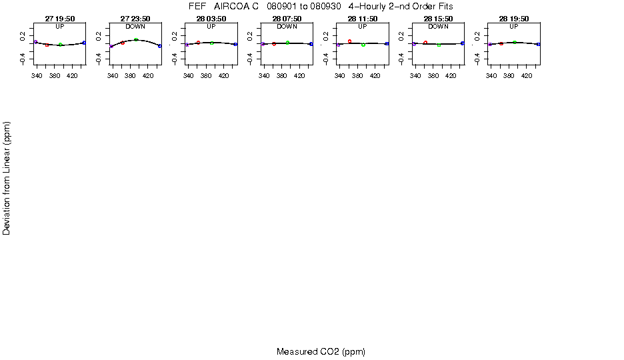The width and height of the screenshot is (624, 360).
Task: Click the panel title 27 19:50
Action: (60, 19)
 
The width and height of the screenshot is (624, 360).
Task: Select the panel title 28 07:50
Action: (287, 19)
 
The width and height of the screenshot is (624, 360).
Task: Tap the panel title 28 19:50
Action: (514, 19)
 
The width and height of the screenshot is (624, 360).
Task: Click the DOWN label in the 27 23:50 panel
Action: (135, 27)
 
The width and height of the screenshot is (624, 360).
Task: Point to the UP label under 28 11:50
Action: (363, 27)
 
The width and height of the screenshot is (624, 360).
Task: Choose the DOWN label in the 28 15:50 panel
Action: (438, 27)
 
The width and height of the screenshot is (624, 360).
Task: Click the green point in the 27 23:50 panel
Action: (136, 40)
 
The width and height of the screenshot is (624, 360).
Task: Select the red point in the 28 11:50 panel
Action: (349, 41)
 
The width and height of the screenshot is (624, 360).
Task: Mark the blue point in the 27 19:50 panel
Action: (84, 43)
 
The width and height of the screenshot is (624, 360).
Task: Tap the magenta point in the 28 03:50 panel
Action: (187, 45)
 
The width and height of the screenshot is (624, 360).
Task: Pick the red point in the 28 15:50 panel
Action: (425, 43)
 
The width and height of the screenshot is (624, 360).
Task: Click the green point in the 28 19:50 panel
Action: (515, 42)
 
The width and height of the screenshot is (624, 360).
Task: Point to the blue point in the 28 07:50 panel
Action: (311, 44)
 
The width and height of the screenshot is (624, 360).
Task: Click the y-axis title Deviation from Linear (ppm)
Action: (7, 178)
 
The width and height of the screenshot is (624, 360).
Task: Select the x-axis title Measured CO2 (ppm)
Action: (321, 351)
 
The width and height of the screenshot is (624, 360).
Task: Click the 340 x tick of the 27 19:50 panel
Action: (37, 77)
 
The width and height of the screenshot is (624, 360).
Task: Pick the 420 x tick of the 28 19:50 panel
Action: (527, 77)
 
